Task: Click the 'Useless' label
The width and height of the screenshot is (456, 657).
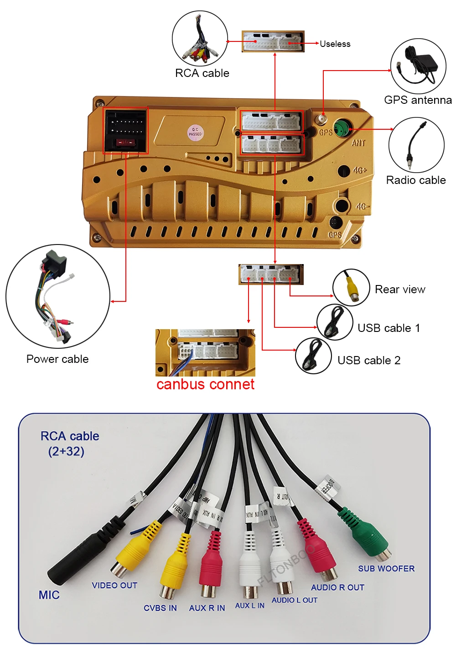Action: [x=335, y=44]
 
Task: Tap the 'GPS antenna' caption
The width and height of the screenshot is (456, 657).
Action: [x=418, y=100]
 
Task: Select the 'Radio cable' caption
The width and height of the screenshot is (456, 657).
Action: [x=416, y=180]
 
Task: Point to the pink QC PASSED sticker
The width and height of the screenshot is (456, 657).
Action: [x=195, y=132]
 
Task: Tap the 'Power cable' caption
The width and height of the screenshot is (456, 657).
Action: [x=57, y=359]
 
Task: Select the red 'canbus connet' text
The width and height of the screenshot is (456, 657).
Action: [x=205, y=384]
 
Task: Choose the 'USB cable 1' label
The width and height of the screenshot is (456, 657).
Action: [x=389, y=328]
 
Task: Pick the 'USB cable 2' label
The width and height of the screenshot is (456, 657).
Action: [x=369, y=361]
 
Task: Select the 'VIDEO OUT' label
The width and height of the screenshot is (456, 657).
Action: [x=114, y=586]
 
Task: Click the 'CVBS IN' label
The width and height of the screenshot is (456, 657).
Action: [x=160, y=608]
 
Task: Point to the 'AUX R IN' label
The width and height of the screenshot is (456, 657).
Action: [x=207, y=608]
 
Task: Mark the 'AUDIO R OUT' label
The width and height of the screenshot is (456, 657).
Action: [x=337, y=588]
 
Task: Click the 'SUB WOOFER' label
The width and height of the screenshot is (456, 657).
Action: [x=386, y=569]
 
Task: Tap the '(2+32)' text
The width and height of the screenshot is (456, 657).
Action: [x=67, y=452]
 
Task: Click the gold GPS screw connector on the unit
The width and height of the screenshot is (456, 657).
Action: [x=322, y=119]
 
